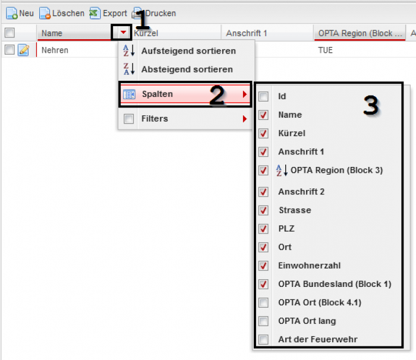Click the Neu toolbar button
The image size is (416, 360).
[x=20, y=13]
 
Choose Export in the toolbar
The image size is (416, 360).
[x=108, y=13]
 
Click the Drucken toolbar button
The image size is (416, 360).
[x=154, y=13]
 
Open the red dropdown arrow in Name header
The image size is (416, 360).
[x=123, y=32]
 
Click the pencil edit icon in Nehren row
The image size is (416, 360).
[x=23, y=50]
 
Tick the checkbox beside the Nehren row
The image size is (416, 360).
[x=10, y=50]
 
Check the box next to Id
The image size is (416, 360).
[x=263, y=96]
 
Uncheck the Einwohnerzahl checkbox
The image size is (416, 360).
[x=263, y=266]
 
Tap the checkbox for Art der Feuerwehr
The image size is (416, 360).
[x=263, y=339]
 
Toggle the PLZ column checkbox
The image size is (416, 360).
[x=263, y=229]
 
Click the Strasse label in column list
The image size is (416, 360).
[x=295, y=210]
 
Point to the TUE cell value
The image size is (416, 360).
[x=325, y=50]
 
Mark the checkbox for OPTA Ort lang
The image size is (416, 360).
[x=263, y=321]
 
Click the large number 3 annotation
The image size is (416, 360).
[x=371, y=105]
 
